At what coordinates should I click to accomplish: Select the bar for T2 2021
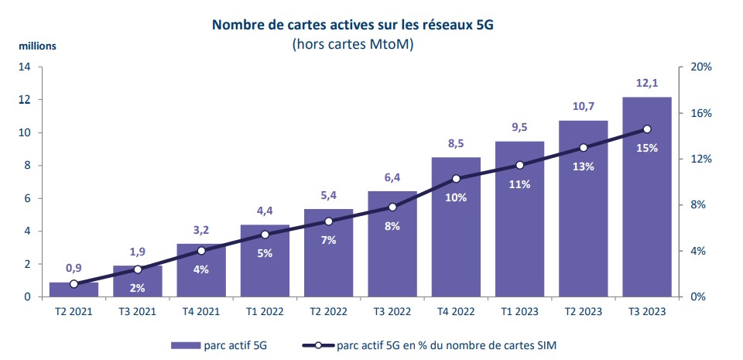74,290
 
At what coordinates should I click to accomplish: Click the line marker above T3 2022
392,207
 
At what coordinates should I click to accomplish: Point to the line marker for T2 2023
583,148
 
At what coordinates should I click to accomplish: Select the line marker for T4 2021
201,251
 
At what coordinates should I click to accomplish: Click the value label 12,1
646,83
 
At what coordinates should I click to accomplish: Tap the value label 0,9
74,268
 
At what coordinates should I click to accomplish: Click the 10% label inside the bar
456,197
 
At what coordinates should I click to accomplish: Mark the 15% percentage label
646,148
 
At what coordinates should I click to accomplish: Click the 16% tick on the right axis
700,113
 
